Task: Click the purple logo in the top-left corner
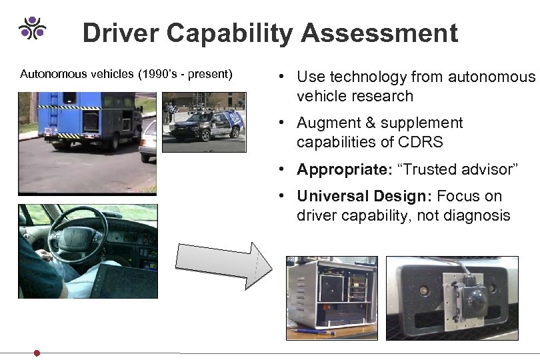(32, 27)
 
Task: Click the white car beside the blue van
(148, 140)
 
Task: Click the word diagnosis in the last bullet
(479, 215)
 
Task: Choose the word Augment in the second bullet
(328, 123)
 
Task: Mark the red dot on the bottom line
(37, 353)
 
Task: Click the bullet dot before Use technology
(284, 77)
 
